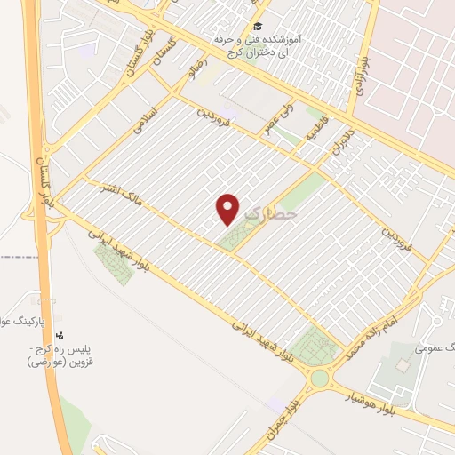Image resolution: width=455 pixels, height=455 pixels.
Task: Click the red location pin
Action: pos(228,208)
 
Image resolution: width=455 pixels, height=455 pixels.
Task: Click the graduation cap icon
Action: pos(258,27)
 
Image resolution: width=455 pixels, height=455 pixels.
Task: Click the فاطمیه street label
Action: pos(317,129)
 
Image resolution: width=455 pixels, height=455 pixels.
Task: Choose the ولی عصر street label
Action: pos(274,121)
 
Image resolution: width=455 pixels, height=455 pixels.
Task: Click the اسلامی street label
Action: pos(144,123)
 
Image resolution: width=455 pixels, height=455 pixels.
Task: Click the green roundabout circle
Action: pos(318,379)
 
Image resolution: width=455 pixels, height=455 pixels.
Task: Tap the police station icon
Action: pos(60,334)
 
